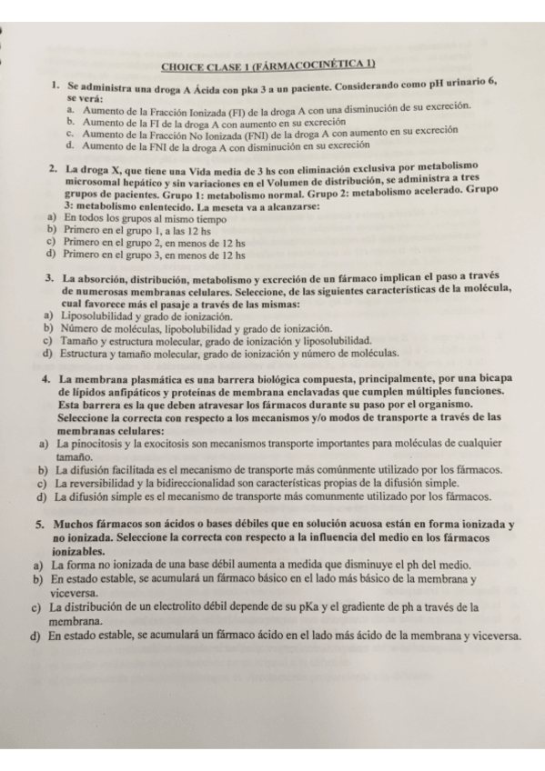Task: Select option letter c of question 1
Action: [71, 133]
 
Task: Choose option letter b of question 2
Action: [51, 231]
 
